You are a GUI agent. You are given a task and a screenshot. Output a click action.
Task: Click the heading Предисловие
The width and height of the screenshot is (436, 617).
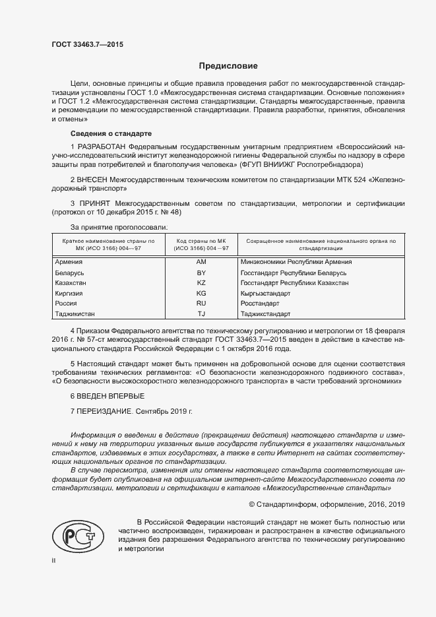pos(229,66)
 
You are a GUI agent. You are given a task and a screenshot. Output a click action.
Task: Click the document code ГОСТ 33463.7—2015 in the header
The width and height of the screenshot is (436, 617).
pos(87,45)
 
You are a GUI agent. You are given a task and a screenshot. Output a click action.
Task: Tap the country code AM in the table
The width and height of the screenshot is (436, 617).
pos(201,262)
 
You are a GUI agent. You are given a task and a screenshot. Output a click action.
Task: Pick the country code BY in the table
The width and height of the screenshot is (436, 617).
pos(201,273)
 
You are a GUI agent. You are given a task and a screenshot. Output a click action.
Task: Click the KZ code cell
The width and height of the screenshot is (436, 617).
pos(201,283)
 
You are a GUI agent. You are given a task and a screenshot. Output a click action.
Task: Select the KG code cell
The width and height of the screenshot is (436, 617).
pos(201,293)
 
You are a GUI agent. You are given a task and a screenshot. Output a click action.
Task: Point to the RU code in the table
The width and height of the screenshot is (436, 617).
pos(201,304)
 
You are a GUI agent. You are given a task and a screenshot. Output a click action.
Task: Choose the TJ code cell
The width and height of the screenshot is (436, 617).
pos(201,314)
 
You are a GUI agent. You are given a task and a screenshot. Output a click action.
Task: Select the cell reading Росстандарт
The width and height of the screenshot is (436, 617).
pos(261,304)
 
